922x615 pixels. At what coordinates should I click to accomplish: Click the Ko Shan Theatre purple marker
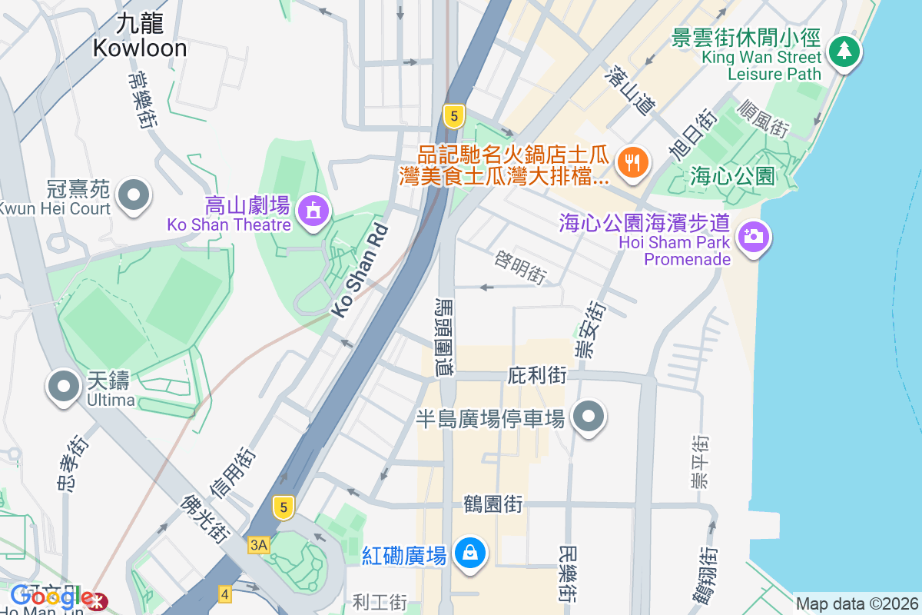pyautogui.click(x=313, y=210)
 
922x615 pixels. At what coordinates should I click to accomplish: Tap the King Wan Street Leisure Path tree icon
pyautogui.click(x=844, y=51)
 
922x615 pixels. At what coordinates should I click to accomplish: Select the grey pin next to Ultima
pyautogui.click(x=65, y=385)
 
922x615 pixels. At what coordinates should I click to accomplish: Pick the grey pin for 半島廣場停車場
pyautogui.click(x=589, y=416)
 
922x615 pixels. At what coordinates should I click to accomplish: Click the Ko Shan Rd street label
pyautogui.click(x=359, y=272)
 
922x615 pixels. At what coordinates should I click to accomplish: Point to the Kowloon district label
pyautogui.click(x=140, y=37)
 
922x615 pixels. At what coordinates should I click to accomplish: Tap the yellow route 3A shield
pyautogui.click(x=259, y=545)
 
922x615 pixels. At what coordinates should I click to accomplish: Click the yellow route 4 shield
pyautogui.click(x=224, y=593)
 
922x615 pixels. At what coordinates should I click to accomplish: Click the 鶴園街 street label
pyautogui.click(x=493, y=504)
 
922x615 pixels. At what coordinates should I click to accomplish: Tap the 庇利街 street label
pyautogui.click(x=537, y=376)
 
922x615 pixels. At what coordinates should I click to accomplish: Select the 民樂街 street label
pyautogui.click(x=567, y=573)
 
